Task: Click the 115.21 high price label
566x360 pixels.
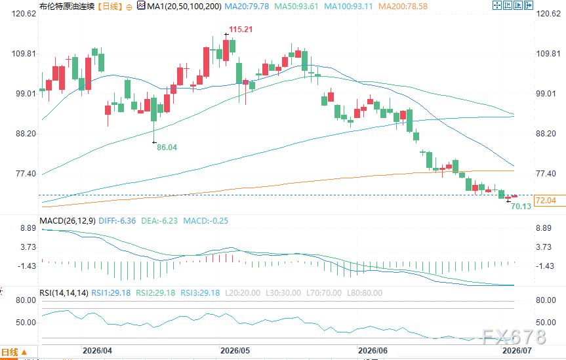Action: coord(241,30)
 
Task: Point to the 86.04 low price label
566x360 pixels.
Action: coord(167,148)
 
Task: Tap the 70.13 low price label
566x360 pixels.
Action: coord(521,206)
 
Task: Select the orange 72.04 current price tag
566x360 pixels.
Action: coord(546,201)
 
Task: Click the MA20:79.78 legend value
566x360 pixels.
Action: coord(247,7)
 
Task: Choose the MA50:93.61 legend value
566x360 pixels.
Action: coord(296,7)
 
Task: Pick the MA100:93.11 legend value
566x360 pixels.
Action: coord(348,7)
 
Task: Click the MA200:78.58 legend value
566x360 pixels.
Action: coord(403,7)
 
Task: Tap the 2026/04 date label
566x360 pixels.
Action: coord(98,351)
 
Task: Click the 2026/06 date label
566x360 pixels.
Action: coord(373,351)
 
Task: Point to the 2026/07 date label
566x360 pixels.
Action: coord(517,351)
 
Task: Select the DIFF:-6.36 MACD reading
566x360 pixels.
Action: coord(117,220)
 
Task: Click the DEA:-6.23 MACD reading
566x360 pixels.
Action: coord(159,220)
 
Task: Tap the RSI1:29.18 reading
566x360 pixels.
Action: coord(111,293)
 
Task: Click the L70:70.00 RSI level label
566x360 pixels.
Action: coord(324,293)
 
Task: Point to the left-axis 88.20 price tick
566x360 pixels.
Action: coord(26,134)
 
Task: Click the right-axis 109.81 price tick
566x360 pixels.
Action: coord(548,53)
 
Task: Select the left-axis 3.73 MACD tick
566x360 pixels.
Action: coord(28,247)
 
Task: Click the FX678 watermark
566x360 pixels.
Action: coord(514,337)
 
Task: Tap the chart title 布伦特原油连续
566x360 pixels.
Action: coord(67,7)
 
